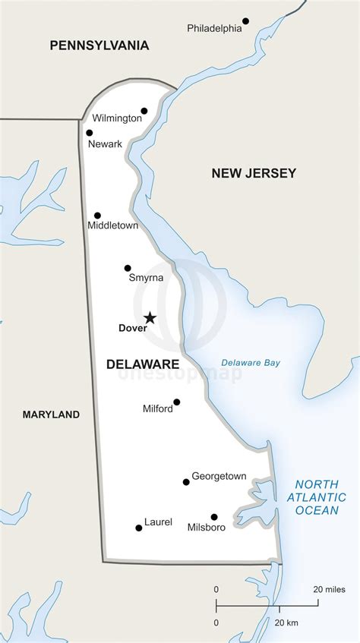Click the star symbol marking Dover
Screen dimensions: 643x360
click(x=150, y=318)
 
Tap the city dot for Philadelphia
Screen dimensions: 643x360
click(x=245, y=21)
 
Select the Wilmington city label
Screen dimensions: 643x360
click(x=117, y=118)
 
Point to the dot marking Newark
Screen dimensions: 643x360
click(x=89, y=133)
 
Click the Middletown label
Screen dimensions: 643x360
click(x=112, y=226)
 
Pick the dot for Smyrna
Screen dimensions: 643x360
click(x=128, y=268)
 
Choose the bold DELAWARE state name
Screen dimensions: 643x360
click(x=143, y=364)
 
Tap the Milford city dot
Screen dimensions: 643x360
click(x=177, y=402)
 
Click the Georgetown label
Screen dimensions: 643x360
click(x=219, y=476)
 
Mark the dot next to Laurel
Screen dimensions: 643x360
click(x=138, y=528)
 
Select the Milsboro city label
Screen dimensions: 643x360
click(x=206, y=528)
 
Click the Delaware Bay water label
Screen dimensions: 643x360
click(x=251, y=363)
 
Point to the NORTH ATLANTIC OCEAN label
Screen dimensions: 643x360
click(x=321, y=497)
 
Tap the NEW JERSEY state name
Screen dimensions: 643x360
click(x=253, y=174)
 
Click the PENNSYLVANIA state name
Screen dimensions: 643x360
click(x=99, y=46)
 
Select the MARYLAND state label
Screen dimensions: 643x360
click(x=51, y=414)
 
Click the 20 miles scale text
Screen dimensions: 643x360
click(x=329, y=589)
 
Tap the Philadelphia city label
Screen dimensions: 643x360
click(x=214, y=29)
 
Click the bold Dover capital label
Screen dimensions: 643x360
click(x=132, y=329)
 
